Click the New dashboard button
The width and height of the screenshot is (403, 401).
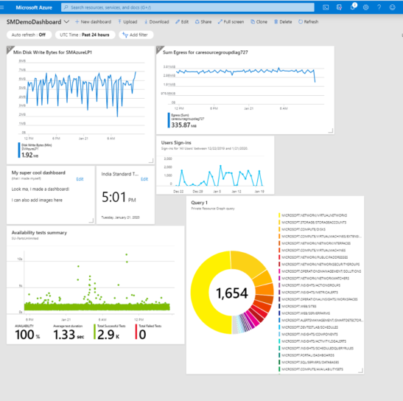(x=92, y=22)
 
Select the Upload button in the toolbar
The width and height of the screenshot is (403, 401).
(x=127, y=22)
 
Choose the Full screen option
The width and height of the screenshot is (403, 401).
(x=231, y=22)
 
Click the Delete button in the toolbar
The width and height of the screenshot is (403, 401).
(x=284, y=22)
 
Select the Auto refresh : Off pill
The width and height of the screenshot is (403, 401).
(x=27, y=35)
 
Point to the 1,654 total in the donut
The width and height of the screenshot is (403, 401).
(x=233, y=293)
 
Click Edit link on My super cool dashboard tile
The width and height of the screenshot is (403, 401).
(x=80, y=179)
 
